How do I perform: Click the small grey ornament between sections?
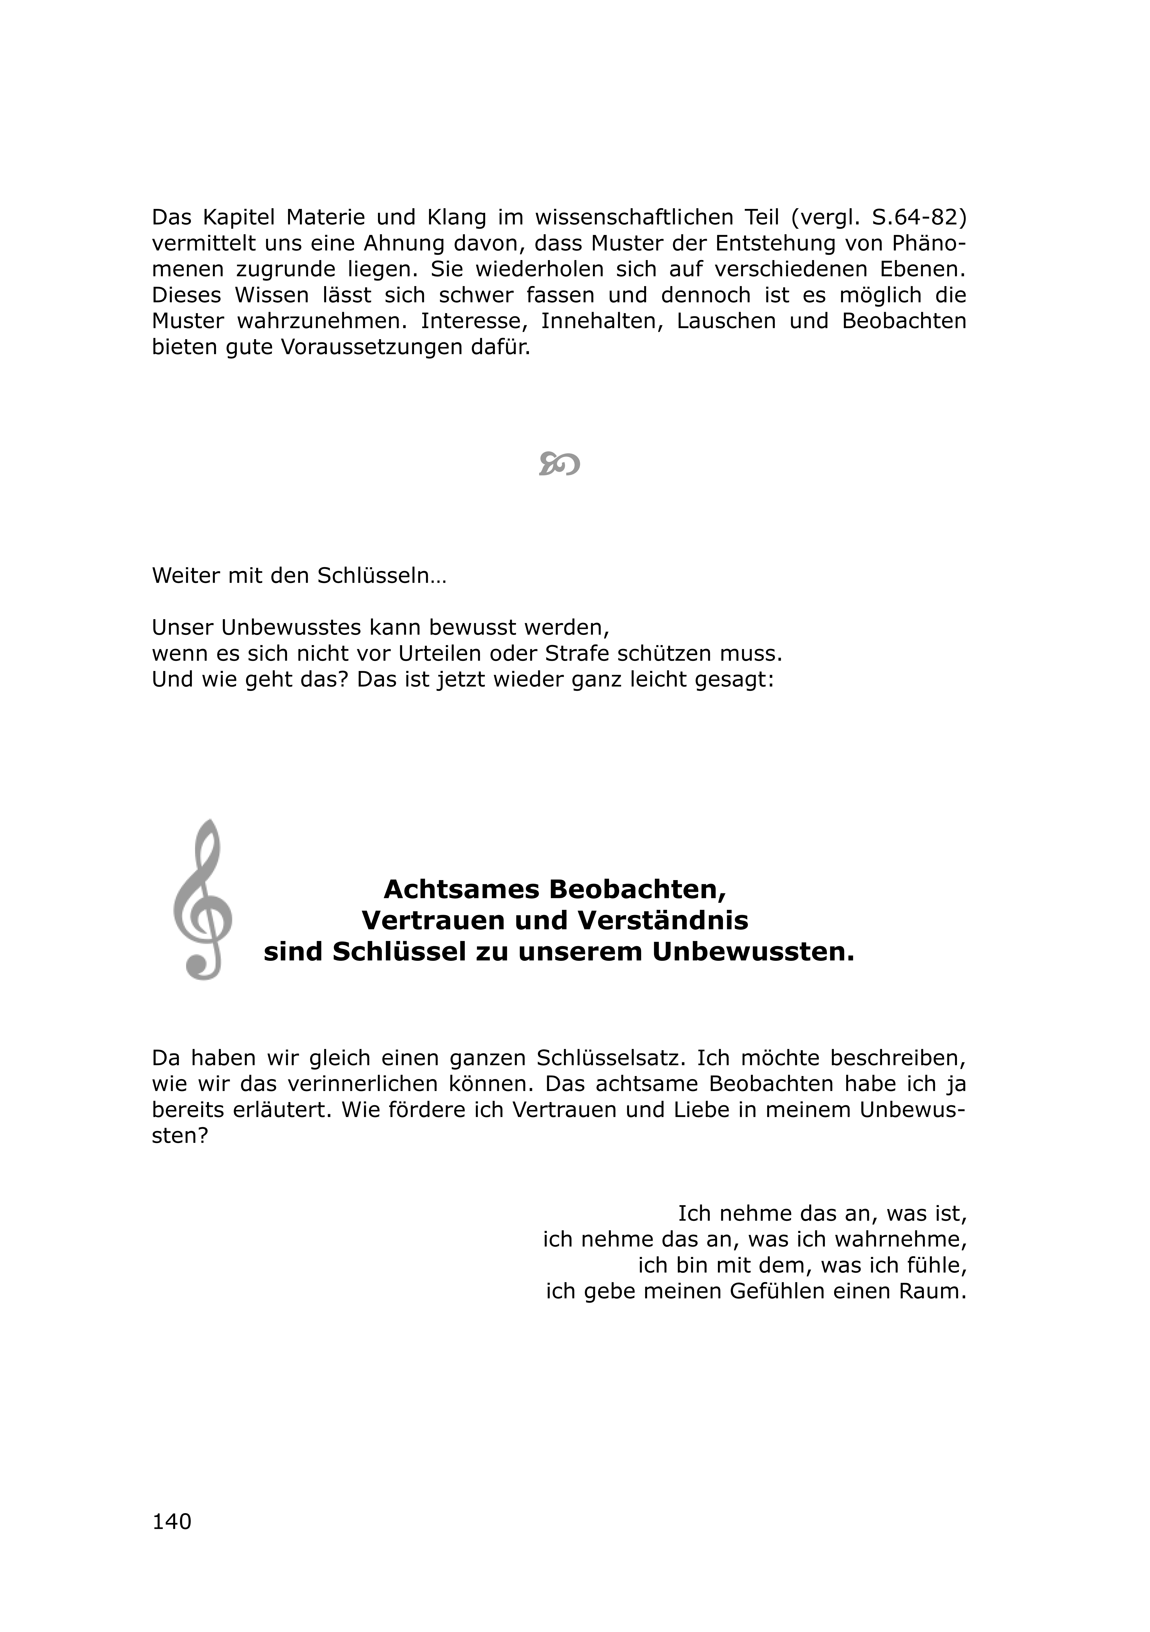coord(559,463)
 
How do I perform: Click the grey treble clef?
coord(203,899)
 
